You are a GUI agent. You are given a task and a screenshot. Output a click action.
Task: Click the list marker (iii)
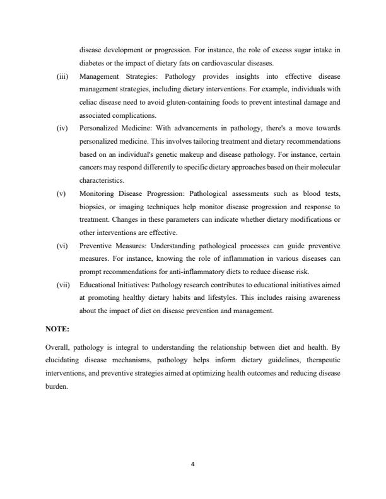click(62, 76)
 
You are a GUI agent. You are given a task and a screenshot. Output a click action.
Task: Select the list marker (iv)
click(62, 129)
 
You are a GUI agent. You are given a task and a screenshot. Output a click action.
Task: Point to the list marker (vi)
click(62, 246)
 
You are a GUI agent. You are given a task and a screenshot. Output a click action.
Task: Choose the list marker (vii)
click(62, 285)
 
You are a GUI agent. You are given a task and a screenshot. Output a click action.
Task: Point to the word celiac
click(89, 102)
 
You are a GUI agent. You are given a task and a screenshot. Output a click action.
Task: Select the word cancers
click(92, 168)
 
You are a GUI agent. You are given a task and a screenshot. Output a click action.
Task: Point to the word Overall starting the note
click(57, 347)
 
